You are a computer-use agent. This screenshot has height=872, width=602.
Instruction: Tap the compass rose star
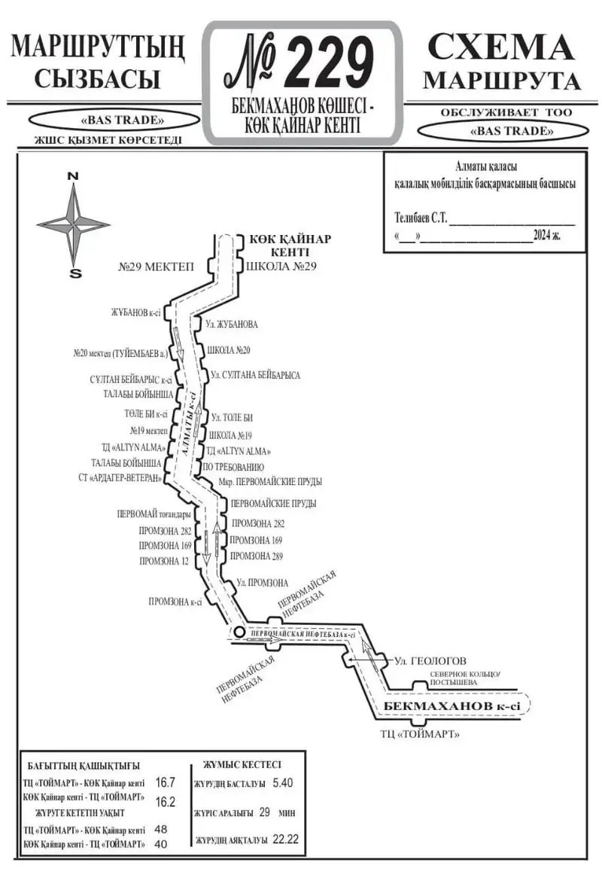click(73, 222)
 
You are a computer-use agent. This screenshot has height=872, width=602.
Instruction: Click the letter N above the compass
click(73, 175)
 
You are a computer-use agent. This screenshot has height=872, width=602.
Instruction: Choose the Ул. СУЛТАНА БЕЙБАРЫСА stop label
click(255, 374)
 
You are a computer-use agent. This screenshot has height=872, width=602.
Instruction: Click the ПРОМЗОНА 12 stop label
click(163, 561)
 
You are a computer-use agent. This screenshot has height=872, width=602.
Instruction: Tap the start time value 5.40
click(283, 782)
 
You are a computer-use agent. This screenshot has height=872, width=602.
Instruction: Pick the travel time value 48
click(160, 829)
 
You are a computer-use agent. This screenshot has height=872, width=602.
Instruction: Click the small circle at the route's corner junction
click(237, 631)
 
